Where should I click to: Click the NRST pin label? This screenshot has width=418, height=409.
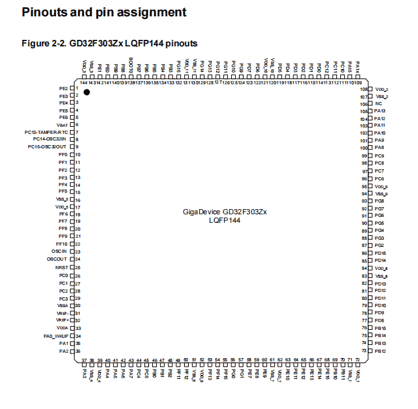(61, 267)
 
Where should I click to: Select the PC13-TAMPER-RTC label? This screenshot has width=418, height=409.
(46, 132)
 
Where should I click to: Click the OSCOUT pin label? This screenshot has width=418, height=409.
(57, 259)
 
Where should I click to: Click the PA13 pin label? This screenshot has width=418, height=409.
(380, 111)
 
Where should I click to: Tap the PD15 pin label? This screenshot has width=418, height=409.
(380, 253)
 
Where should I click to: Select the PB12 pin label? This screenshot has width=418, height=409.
(380, 351)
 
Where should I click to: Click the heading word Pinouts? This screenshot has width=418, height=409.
(44, 12)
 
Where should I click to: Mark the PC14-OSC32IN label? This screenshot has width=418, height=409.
(50, 139)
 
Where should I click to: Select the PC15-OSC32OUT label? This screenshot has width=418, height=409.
(48, 146)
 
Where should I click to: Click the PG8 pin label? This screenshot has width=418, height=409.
(379, 201)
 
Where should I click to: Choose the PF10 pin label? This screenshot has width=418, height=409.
(62, 244)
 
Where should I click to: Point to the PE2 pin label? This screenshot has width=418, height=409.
(63, 88)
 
